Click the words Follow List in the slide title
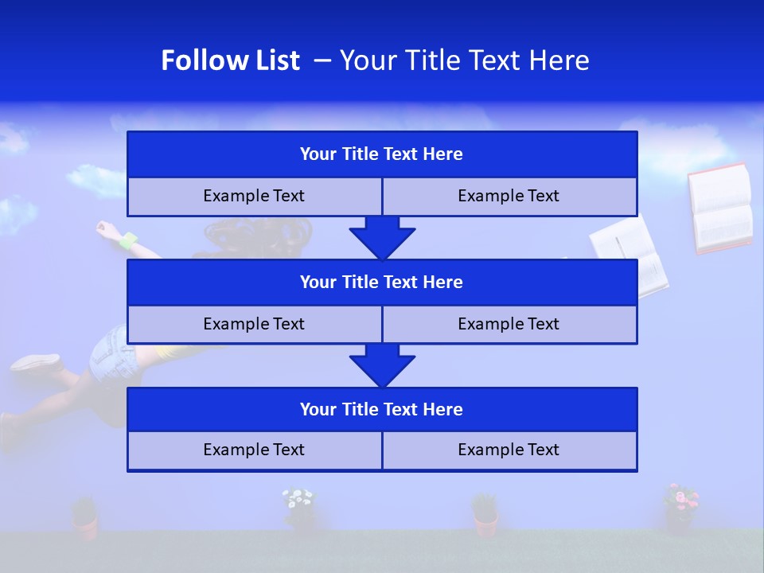click(230, 60)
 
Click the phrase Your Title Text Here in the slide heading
click(464, 60)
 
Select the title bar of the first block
click(382, 154)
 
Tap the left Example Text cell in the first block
click(254, 196)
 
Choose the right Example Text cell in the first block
click(509, 196)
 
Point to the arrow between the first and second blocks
click(382, 238)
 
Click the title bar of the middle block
click(382, 282)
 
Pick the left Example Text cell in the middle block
click(254, 324)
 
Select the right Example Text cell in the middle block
click(509, 324)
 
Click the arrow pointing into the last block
click(382, 366)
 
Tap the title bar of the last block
click(382, 409)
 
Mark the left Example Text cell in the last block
click(254, 450)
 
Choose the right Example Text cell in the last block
click(509, 450)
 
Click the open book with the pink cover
click(720, 209)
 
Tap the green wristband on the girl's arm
click(127, 240)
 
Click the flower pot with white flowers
click(299, 509)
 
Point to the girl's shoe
click(36, 363)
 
